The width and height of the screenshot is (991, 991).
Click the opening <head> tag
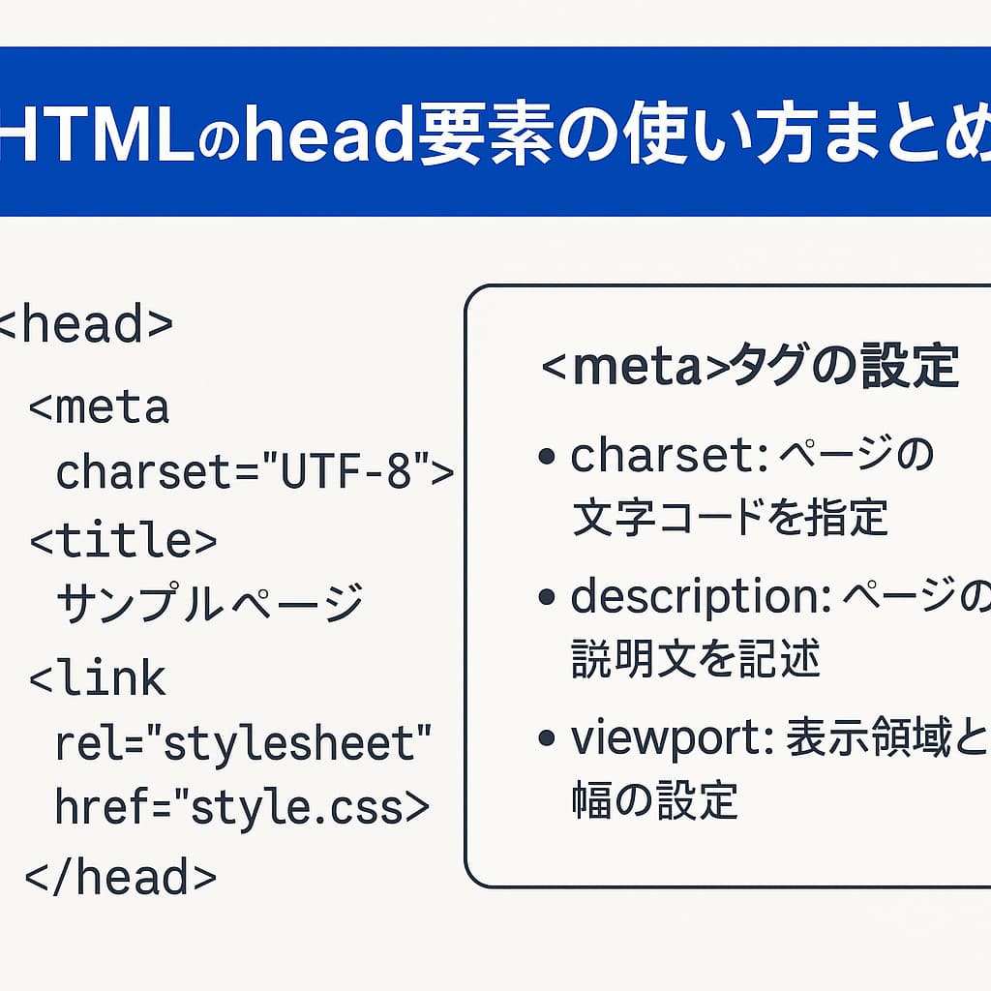[85, 325]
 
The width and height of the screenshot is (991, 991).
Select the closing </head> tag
[120, 877]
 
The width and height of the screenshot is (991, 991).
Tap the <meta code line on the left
[99, 407]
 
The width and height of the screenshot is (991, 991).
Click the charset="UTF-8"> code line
[255, 473]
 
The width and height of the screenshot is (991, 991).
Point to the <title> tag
[123, 541]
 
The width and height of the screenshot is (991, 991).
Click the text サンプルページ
[209, 604]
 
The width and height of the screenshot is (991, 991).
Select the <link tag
[98, 678]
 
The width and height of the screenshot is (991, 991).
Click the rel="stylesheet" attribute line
[243, 744]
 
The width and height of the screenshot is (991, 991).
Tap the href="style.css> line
[242, 808]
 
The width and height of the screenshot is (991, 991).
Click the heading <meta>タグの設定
[750, 369]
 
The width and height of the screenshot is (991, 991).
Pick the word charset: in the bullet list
[669, 455]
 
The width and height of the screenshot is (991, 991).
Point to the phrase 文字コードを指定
[730, 518]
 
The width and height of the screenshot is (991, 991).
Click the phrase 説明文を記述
[696, 660]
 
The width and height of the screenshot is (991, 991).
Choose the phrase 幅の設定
[655, 800]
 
